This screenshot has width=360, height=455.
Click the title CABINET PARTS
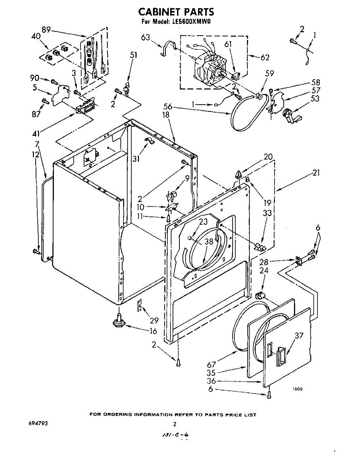(x=175, y=12)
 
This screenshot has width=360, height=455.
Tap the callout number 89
(x=47, y=31)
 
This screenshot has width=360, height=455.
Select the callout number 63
(x=145, y=38)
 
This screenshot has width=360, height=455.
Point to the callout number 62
(x=265, y=58)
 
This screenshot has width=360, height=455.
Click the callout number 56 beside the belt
(x=168, y=107)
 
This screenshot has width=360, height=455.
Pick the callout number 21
(x=316, y=173)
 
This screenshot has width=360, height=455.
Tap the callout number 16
(x=153, y=331)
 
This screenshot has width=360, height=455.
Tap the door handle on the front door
(x=281, y=355)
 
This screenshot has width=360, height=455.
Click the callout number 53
(x=314, y=99)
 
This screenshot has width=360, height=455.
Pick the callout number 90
(x=35, y=78)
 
